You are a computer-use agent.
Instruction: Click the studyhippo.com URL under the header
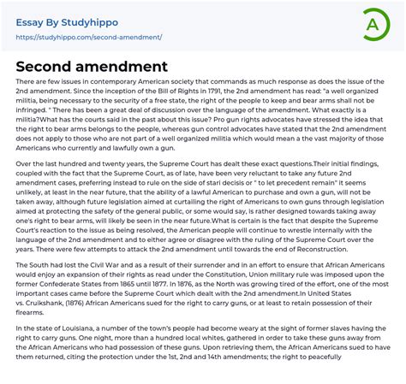(x=89, y=38)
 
